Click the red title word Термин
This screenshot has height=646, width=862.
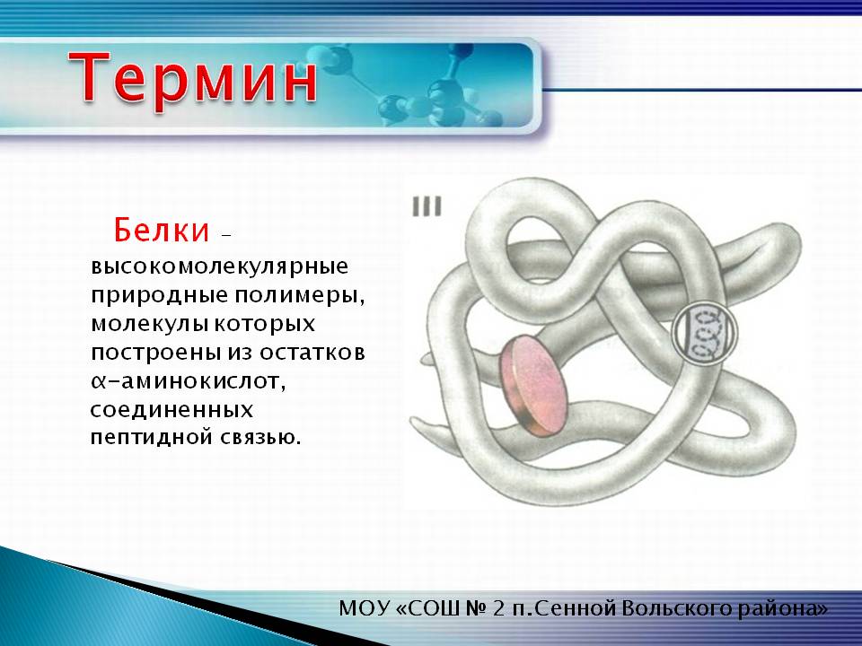[193, 77]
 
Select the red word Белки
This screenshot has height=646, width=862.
[162, 230]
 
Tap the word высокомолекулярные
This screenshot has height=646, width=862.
[219, 267]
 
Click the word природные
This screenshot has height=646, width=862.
[160, 295]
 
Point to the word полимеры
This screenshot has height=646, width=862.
[300, 295]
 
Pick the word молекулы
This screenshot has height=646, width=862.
[149, 324]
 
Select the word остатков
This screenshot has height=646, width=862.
[312, 353]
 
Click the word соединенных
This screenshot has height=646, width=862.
[172, 410]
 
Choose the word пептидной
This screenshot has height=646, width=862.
[152, 438]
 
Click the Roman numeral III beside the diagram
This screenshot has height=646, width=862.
[427, 207]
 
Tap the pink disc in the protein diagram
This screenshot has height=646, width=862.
[532, 385]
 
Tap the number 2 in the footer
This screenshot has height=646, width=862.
[498, 609]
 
